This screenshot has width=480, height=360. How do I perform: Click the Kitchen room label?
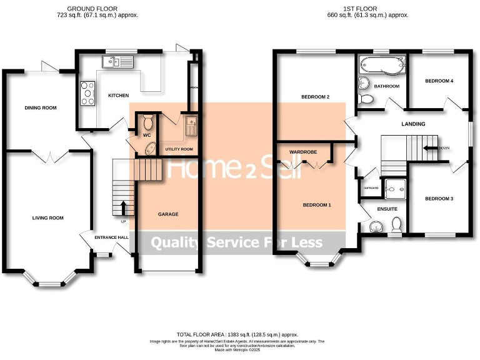pos(118,96)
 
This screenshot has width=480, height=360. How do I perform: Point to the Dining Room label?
pos(41,108)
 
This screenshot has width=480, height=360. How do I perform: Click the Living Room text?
pos(48,218)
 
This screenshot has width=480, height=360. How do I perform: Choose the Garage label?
pos(168,214)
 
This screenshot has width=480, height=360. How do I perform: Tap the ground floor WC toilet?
pos(147,121)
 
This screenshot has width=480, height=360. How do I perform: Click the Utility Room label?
pos(179,149)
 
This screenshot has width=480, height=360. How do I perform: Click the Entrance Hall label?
pos(111,237)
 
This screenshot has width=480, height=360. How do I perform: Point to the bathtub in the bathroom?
pos(382,63)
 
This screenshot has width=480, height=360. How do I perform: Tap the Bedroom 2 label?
pos(315,97)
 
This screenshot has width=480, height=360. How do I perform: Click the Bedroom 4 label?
pos(439,81)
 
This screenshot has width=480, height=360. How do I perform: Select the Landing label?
pos(413,124)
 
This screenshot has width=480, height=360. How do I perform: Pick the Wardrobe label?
pos(302,152)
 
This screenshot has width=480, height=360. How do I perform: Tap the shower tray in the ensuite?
pos(394,185)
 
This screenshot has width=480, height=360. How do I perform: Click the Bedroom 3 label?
pos(439,199)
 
